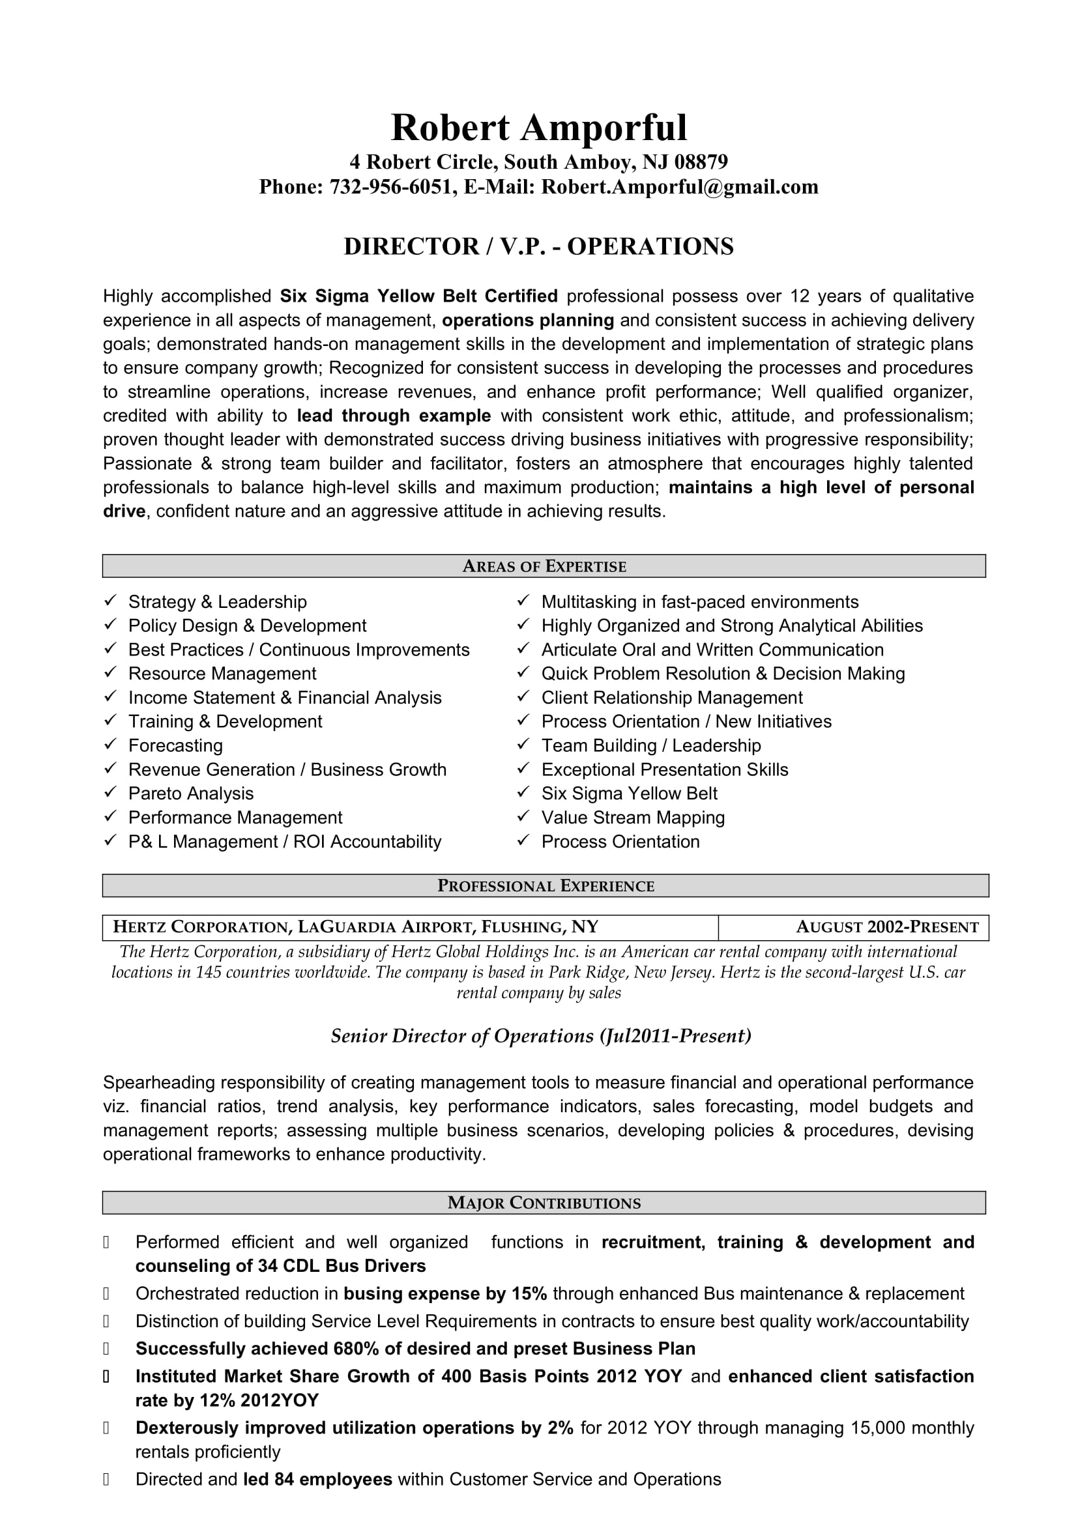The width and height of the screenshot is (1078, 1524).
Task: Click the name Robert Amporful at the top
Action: tap(538, 128)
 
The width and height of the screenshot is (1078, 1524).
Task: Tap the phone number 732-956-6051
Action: tap(390, 187)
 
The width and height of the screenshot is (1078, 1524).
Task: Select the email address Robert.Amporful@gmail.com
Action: tap(680, 187)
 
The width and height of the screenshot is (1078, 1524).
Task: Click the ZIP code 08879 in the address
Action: tap(701, 162)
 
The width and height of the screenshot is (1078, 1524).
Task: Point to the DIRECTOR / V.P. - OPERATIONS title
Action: tap(538, 247)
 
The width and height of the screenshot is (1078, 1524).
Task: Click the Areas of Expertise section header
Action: tap(544, 566)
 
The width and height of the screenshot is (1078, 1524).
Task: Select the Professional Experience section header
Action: tap(545, 886)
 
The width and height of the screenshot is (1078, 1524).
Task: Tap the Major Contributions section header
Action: tap(544, 1203)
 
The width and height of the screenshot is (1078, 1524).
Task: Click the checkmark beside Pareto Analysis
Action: tap(110, 792)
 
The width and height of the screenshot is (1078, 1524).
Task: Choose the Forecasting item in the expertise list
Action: tap(175, 745)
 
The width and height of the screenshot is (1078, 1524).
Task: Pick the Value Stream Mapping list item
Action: tap(633, 817)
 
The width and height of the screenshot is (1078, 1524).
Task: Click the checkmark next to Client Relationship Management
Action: tap(524, 697)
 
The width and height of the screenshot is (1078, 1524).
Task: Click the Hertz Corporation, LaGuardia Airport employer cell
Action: tap(356, 927)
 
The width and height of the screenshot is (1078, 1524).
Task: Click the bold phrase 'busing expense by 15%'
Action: tap(444, 1294)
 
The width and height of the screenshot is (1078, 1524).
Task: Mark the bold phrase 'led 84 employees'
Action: tap(317, 1479)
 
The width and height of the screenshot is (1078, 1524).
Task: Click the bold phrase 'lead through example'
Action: tap(394, 416)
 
